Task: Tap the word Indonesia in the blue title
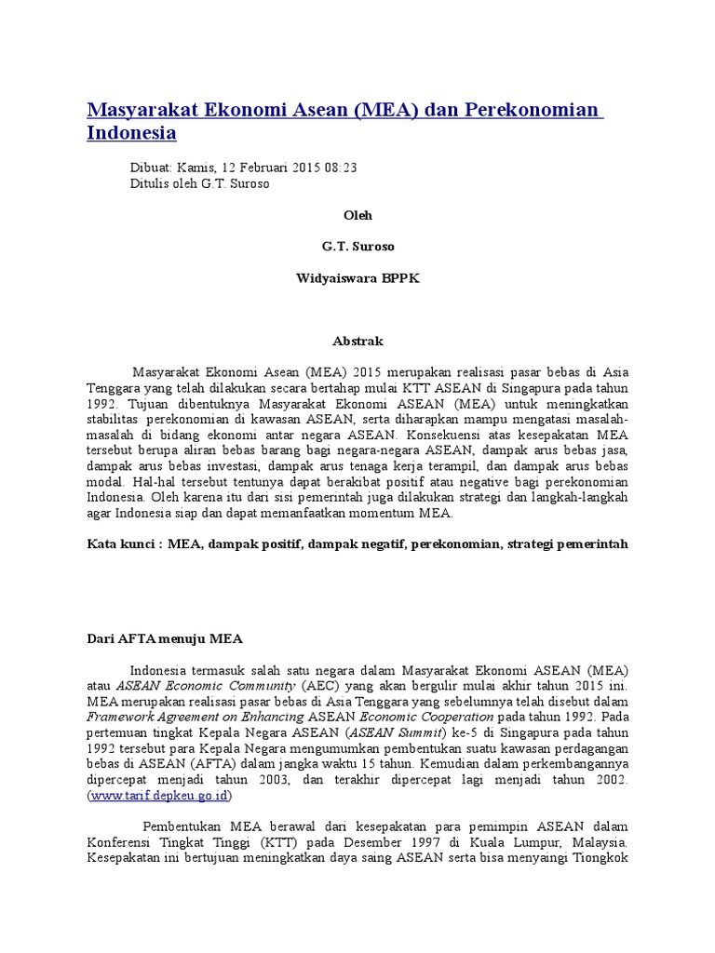[131, 132]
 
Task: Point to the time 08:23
[340, 168]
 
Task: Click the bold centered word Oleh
[357, 215]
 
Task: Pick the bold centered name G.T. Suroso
[357, 247]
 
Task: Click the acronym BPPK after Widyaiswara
[398, 279]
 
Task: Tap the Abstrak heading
[357, 342]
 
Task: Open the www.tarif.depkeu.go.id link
[159, 796]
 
